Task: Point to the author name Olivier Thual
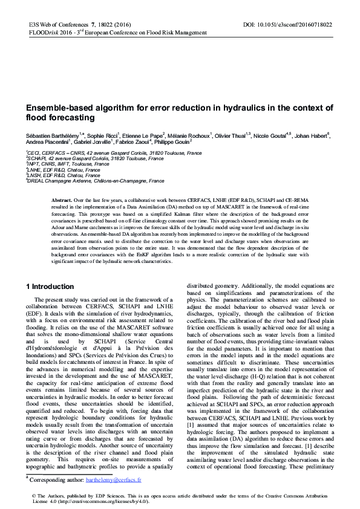232,136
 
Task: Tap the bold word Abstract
62,199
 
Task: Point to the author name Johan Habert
312,136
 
